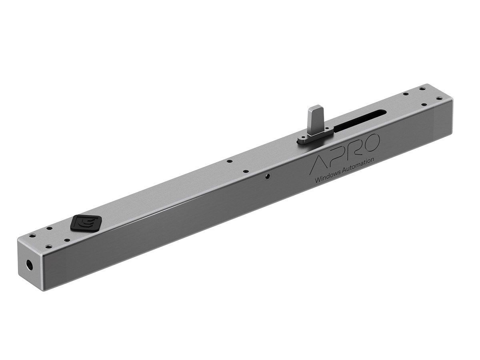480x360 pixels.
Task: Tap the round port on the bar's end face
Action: [30, 264]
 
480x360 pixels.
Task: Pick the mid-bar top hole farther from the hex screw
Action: [229, 162]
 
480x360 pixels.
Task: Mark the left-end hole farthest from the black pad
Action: [31, 236]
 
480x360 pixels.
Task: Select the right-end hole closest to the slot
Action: [406, 94]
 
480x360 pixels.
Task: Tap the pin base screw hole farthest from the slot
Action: [303, 140]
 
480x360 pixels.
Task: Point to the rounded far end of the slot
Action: [383, 112]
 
